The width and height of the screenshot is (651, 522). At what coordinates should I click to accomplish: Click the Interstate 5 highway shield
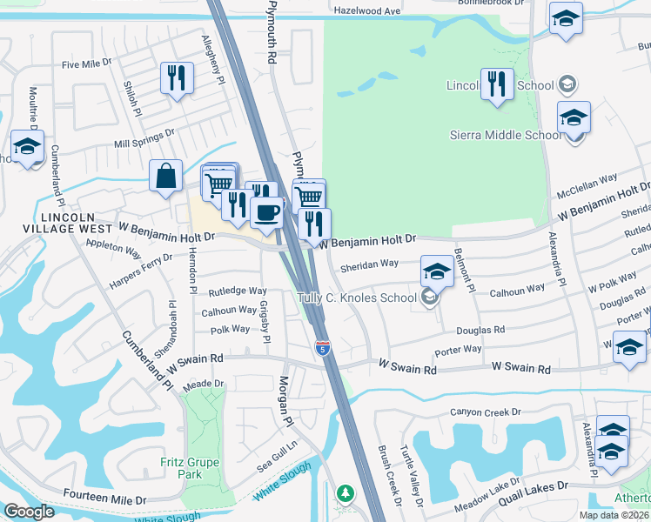[x=323, y=348]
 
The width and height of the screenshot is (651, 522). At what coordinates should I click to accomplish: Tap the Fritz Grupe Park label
[x=182, y=468]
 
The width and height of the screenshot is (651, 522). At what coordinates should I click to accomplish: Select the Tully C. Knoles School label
[x=357, y=298]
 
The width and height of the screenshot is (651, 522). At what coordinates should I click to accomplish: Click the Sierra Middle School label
[x=505, y=135]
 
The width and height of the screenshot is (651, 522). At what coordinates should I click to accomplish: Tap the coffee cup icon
[x=266, y=211]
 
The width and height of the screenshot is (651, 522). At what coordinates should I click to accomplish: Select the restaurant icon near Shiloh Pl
[x=177, y=78]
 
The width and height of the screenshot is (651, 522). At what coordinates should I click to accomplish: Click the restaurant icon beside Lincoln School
[x=497, y=85]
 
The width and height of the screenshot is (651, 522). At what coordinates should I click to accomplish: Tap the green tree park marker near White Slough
[x=346, y=494]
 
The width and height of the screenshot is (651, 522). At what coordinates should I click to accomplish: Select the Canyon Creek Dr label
[x=485, y=412]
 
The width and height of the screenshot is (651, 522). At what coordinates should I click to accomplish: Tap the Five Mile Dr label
[x=87, y=64]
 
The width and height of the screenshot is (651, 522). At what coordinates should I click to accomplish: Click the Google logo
[x=29, y=512]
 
